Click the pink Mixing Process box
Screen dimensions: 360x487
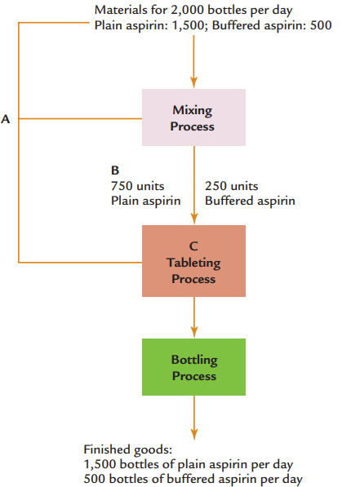[193, 117]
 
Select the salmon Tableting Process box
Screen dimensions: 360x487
[193, 261]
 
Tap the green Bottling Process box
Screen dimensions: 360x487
[193, 367]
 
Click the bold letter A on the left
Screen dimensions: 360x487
[5, 119]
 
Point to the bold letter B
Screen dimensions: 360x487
[115, 170]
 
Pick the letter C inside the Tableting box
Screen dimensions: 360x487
[193, 246]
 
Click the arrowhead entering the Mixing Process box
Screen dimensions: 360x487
[193, 83]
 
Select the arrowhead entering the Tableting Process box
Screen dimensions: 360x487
[194, 219]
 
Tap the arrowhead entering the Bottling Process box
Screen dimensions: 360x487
[194, 332]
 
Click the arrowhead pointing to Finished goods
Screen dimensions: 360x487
[194, 435]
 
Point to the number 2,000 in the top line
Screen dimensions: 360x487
[188, 11]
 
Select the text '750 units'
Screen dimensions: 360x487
[137, 186]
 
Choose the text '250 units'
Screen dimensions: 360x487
[231, 186]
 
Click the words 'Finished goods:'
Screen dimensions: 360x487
[128, 449]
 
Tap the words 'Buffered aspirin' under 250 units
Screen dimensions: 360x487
[250, 201]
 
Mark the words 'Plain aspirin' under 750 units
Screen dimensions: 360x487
[146, 201]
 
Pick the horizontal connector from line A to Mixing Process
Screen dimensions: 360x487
[80, 118]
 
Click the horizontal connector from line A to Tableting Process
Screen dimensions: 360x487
[80, 263]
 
